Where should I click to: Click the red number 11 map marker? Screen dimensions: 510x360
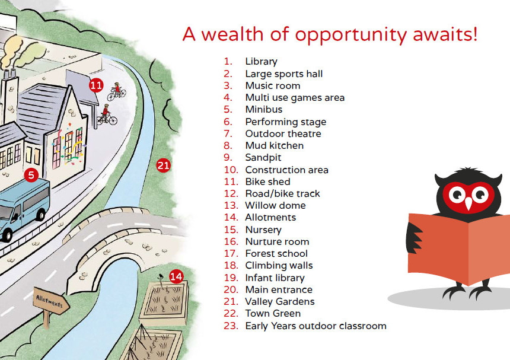point(96,85)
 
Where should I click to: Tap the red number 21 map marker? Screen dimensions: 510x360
point(163,165)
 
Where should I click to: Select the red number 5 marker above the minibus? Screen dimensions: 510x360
point(31,175)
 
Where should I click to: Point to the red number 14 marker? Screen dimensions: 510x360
point(176,276)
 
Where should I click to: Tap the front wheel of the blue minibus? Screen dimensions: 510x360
point(7,234)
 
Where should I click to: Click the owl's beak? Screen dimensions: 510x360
point(468,203)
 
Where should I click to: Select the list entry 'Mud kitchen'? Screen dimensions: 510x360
point(274,145)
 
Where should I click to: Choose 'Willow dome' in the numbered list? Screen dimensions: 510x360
point(275,205)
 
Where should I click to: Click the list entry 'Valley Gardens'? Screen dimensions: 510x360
point(280,301)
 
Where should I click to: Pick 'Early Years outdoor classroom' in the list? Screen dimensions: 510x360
point(316,326)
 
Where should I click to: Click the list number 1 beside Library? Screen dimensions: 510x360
point(228,61)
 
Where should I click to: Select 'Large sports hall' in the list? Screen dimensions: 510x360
point(284,74)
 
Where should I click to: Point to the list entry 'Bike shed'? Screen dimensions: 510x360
point(267,181)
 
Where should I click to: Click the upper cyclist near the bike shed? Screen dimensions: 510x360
point(116,91)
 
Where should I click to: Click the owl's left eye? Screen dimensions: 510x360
point(457,195)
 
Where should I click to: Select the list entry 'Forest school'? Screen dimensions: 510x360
point(276,253)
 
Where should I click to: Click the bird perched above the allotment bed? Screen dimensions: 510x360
point(161,277)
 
